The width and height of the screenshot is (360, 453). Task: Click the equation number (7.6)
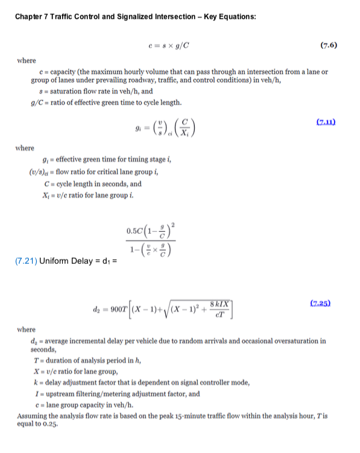328,45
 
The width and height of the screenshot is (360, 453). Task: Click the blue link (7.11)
326,122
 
